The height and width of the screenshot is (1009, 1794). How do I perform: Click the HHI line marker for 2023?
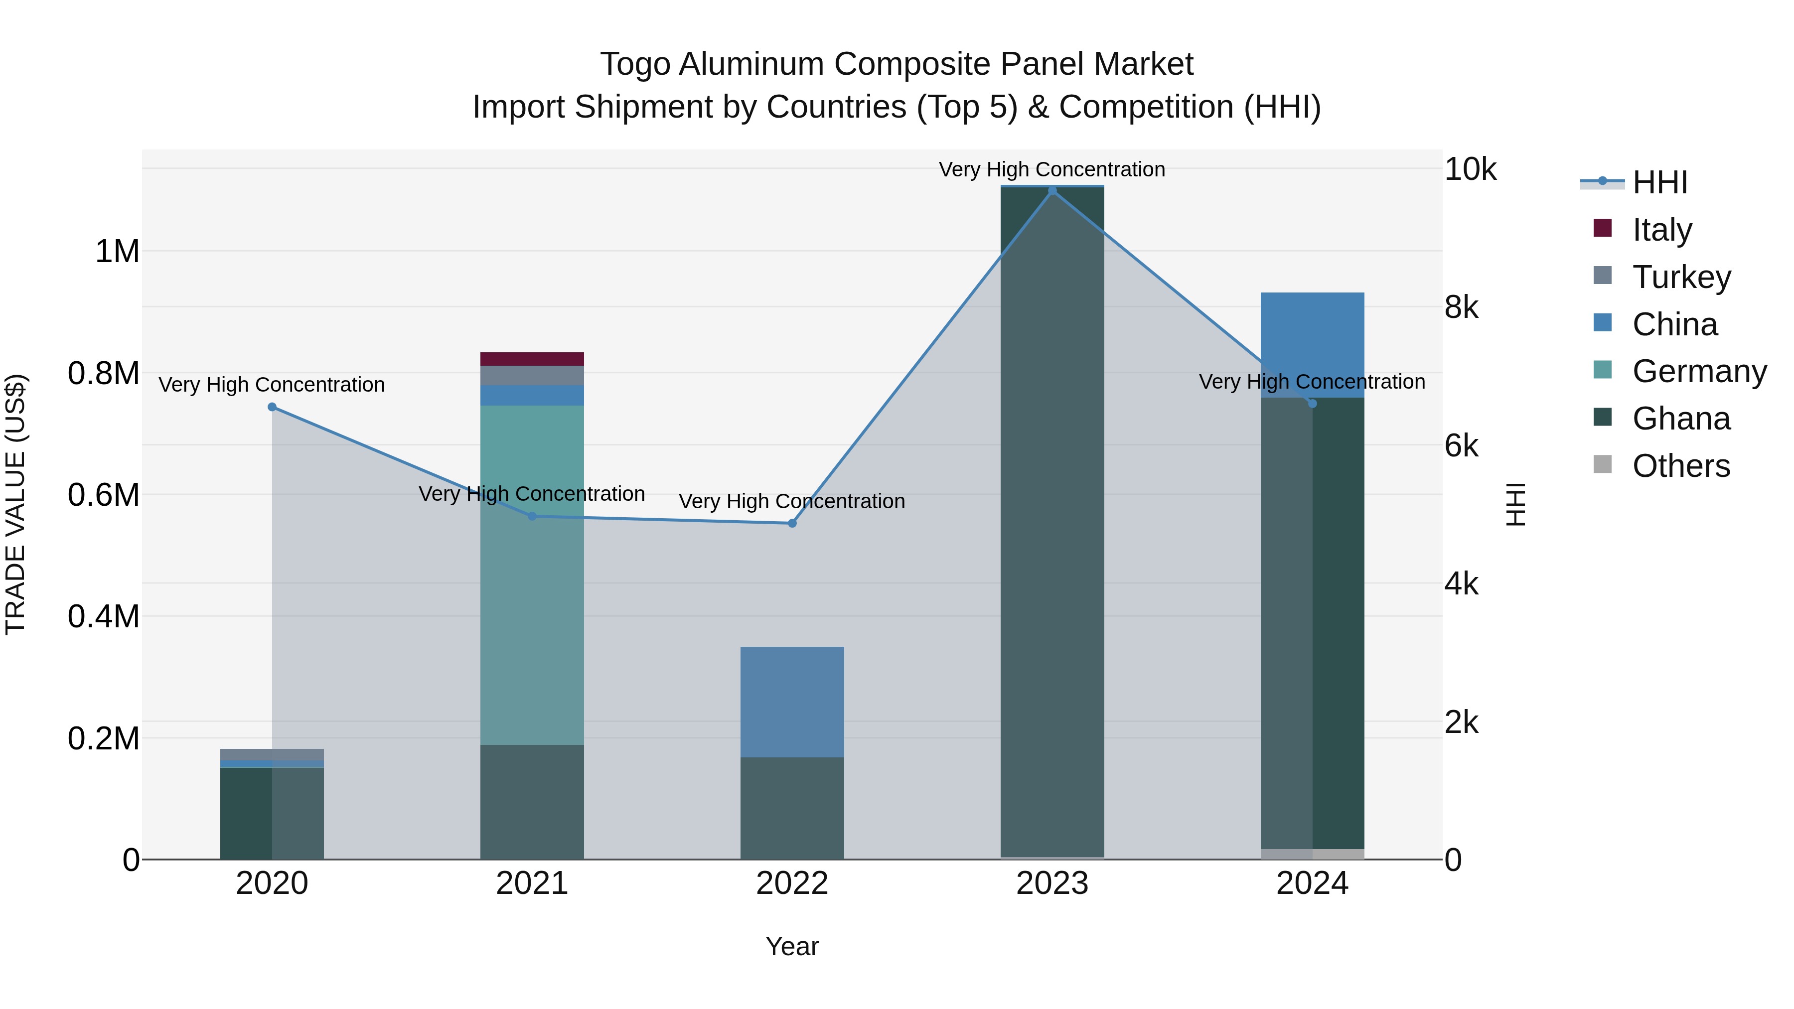point(1051,191)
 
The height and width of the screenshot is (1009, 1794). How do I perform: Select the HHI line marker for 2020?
point(272,408)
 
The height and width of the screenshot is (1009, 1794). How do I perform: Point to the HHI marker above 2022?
point(792,523)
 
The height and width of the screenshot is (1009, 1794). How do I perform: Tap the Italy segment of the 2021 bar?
point(532,359)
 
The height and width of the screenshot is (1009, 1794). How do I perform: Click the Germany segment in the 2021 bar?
point(532,575)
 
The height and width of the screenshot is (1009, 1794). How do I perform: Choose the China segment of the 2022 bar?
point(792,702)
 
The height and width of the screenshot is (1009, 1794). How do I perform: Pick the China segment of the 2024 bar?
point(1312,345)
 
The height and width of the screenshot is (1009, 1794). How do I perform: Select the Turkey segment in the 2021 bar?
point(532,375)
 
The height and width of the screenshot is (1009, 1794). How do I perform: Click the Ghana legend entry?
point(1680,419)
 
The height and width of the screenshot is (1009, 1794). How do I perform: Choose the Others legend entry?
point(1680,466)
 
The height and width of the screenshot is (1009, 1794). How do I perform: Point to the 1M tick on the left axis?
point(117,252)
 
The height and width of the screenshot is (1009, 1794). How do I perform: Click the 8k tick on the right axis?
point(1461,307)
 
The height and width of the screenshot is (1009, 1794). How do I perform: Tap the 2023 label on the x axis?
point(1051,883)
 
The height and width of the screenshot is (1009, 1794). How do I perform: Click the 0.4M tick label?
point(104,617)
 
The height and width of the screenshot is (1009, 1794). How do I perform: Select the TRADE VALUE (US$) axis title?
point(15,504)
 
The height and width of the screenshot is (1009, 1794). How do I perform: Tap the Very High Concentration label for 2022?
point(792,501)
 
